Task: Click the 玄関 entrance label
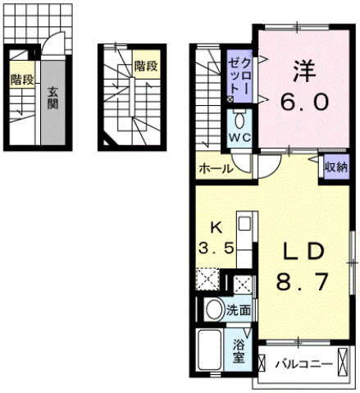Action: click(52, 98)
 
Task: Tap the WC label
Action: click(239, 137)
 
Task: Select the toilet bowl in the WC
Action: click(239, 120)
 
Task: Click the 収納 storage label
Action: click(336, 167)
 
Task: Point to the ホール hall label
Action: click(216, 169)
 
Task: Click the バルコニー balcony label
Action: click(303, 364)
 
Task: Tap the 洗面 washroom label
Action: click(238, 310)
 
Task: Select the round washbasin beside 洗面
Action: click(215, 309)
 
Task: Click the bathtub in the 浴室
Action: click(210, 349)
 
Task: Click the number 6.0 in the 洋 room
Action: click(304, 101)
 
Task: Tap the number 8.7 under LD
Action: click(302, 281)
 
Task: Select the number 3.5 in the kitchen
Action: click(216, 249)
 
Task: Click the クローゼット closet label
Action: click(239, 77)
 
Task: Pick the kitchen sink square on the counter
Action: click(244, 223)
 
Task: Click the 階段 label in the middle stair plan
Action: click(146, 66)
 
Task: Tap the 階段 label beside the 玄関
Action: click(22, 80)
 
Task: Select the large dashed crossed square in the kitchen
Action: click(208, 279)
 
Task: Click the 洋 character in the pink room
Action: click(304, 71)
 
